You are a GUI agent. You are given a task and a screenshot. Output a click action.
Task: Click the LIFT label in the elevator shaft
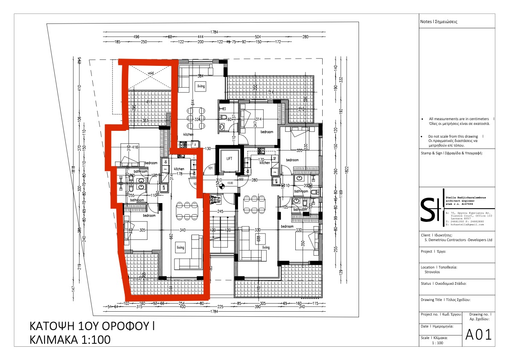229,158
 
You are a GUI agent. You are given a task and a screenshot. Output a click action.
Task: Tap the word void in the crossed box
150,73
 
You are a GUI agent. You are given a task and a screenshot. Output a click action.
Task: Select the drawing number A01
479,334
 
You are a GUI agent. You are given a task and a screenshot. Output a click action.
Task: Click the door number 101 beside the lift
210,168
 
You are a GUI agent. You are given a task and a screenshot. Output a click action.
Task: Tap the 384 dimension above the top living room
200,76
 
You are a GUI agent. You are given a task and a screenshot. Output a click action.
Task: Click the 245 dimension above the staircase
220,212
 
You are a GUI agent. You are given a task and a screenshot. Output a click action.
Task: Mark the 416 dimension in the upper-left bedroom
135,147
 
